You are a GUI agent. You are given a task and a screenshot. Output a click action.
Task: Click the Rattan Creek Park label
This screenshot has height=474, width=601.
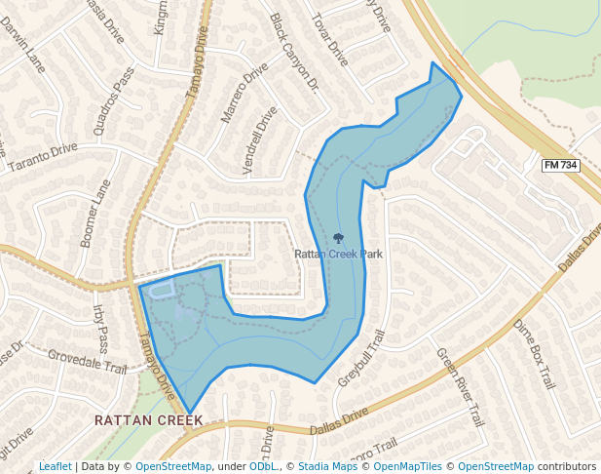tap(338, 255)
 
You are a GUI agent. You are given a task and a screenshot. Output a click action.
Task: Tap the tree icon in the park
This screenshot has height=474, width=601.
tap(338, 238)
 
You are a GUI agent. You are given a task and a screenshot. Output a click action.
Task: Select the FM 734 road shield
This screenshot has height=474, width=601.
tap(560, 166)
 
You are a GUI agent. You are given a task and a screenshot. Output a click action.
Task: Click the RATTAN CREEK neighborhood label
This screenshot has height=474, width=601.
tap(148, 420)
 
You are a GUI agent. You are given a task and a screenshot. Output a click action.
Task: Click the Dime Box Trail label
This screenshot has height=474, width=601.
tap(533, 352)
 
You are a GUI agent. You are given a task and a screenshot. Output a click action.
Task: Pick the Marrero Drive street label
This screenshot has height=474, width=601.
tap(244, 93)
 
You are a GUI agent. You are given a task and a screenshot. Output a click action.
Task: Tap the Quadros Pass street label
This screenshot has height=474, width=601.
tap(113, 100)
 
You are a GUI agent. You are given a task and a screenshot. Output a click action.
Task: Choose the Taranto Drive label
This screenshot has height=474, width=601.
tap(41, 157)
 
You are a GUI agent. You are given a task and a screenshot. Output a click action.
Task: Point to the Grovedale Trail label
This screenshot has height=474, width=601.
tap(88, 363)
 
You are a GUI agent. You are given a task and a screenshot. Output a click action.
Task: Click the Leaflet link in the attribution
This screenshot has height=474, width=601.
tap(55, 466)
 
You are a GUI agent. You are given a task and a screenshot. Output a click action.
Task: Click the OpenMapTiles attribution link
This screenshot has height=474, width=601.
tap(410, 466)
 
